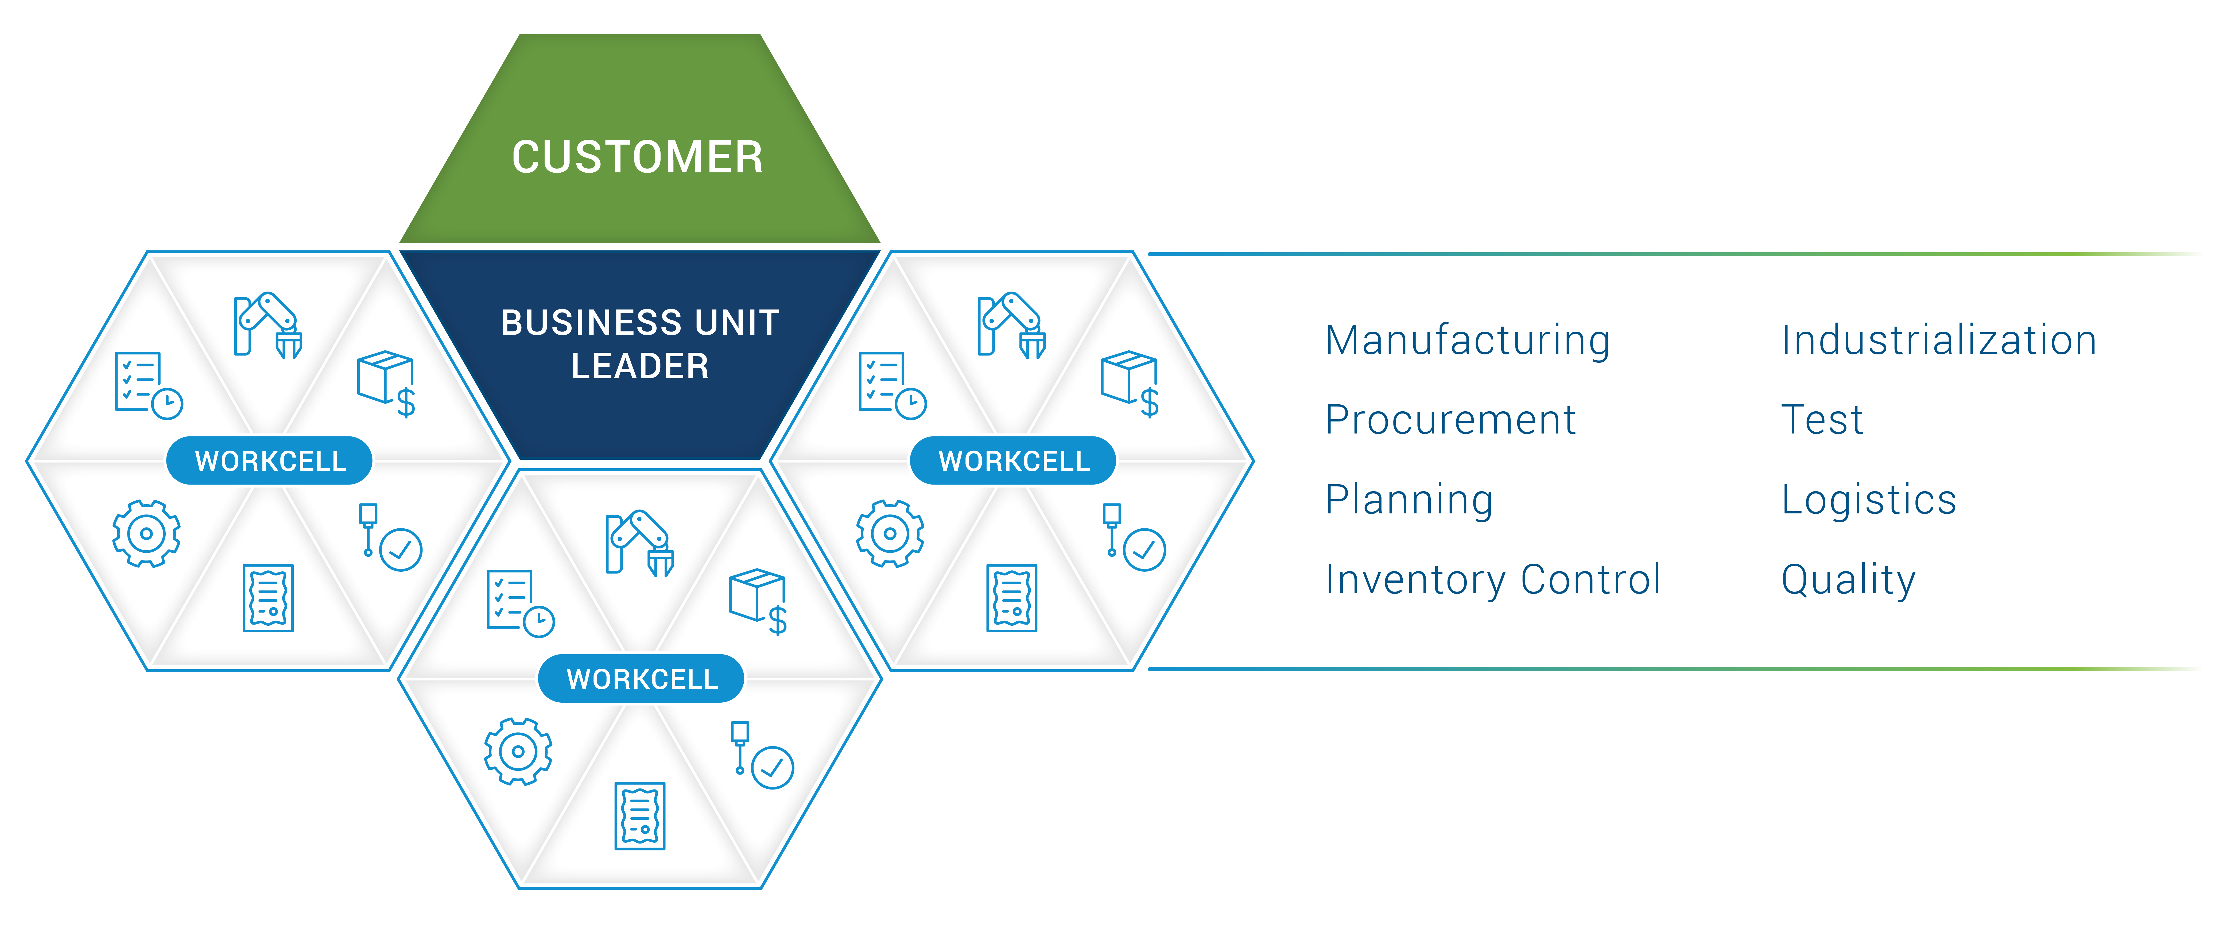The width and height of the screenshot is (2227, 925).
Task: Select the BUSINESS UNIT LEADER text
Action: [640, 344]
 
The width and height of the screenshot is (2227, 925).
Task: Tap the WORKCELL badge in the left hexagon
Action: [270, 461]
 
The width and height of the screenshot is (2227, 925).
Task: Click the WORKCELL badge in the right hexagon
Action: [1013, 461]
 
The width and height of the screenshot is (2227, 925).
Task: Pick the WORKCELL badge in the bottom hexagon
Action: [642, 679]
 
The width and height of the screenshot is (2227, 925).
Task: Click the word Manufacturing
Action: [1467, 340]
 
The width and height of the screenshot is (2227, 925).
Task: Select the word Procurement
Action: [1450, 420]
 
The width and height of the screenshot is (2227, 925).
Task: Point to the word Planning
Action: [1409, 500]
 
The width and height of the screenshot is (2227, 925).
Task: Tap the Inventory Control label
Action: [1492, 579]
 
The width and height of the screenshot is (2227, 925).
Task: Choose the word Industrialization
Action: [1938, 340]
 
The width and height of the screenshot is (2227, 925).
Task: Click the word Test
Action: [1822, 420]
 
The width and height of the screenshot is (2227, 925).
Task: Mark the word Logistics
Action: [1868, 500]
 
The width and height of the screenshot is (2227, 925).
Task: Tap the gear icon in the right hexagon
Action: [890, 533]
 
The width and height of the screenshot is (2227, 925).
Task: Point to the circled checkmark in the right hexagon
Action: [1144, 550]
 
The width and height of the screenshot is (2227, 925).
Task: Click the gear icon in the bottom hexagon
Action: [518, 751]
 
